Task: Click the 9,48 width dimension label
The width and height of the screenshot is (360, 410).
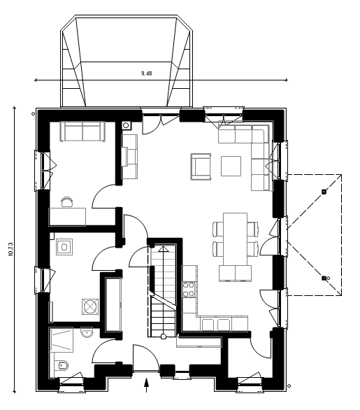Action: click(146, 73)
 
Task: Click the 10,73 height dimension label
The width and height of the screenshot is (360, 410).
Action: click(10, 249)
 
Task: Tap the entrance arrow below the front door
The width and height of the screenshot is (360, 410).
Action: click(147, 385)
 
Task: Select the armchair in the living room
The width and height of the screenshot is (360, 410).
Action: click(201, 167)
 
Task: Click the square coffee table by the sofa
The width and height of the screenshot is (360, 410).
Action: click(231, 166)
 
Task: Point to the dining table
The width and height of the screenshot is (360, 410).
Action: click(235, 239)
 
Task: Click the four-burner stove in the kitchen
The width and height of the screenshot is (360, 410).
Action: click(189, 290)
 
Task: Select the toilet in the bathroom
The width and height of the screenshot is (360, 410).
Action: click(62, 365)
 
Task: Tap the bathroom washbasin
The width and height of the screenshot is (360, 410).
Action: click(87, 332)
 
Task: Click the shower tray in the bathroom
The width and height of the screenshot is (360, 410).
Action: click(61, 339)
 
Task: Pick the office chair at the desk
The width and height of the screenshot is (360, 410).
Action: click(67, 202)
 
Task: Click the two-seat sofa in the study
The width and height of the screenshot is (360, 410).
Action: click(82, 132)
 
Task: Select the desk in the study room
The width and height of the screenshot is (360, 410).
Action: click(67, 217)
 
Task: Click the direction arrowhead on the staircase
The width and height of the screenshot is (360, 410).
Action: click(164, 248)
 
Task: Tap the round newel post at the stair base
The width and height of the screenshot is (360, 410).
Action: click(164, 337)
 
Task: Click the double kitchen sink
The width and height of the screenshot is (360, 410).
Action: click(216, 325)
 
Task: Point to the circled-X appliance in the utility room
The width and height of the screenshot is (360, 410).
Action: click(90, 306)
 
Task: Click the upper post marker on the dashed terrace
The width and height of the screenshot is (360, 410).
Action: click(324, 192)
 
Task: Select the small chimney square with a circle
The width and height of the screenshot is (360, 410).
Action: click(127, 125)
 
